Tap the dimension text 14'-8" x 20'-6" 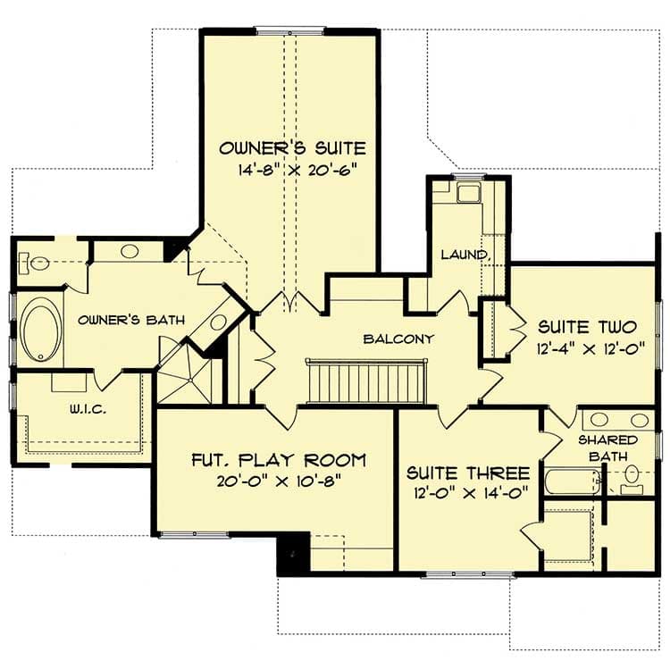pos(292,170)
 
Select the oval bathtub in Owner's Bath pos(40,330)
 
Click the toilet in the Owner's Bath pos(37,264)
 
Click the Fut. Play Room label pos(279,461)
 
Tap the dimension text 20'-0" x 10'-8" pos(279,481)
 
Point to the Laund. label pos(465,255)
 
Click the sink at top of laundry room pos(468,193)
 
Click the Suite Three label pos(468,473)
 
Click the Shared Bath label pos(607,448)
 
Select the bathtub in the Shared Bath pos(572,483)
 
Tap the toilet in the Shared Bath pos(632,475)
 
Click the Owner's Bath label pos(118,319)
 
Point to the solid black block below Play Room pos(293,554)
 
